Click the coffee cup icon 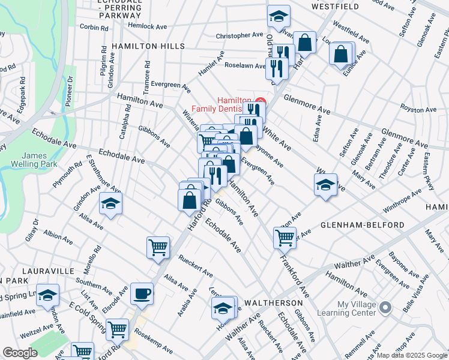[142, 294]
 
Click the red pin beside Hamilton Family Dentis [260, 103]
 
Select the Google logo [20, 353]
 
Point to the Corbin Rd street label [92, 27]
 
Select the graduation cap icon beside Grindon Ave [110, 205]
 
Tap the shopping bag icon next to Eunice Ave [341, 54]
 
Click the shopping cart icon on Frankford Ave [285, 237]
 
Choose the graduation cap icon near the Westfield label [279, 17]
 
